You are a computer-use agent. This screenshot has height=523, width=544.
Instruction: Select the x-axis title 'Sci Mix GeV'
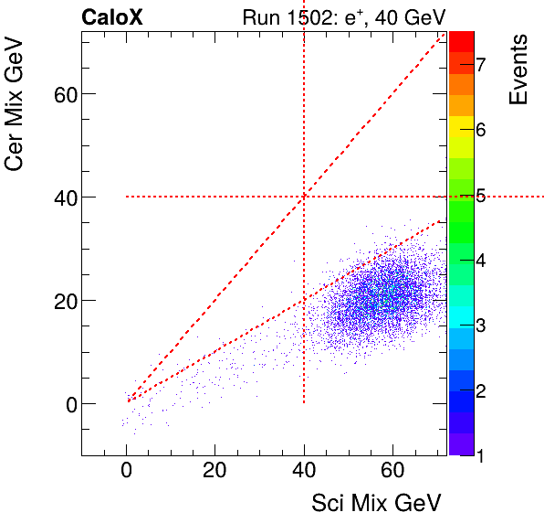377,502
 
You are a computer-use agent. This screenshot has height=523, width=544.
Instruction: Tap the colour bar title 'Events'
519,70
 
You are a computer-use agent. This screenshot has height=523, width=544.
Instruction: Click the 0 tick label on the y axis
65,403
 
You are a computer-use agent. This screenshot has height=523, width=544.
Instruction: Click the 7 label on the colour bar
480,64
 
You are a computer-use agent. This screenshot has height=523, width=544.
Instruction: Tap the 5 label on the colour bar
480,195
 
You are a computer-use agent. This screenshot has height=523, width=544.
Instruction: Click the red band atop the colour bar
461,40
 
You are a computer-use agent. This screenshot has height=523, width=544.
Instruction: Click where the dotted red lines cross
304,197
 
